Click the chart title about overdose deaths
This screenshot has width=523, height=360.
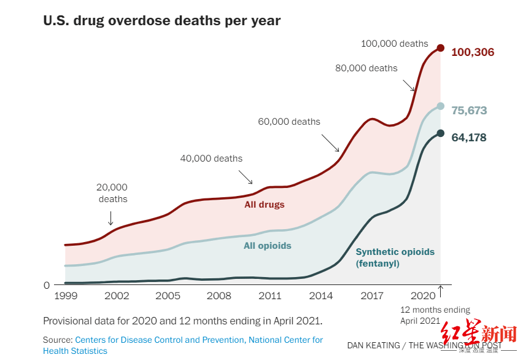coord(161,20)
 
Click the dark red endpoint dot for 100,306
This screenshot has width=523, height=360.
coord(440,48)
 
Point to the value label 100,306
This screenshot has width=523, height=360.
coord(472,52)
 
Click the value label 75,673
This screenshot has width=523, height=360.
coord(469,111)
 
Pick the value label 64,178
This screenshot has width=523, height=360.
coord(469,138)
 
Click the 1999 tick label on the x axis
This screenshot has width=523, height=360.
coord(65,296)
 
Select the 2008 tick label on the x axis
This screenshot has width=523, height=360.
coord(219,296)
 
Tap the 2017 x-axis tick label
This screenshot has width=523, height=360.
coord(372,296)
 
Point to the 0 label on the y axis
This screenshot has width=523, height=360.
coord(46,285)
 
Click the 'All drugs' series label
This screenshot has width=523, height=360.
coord(265,205)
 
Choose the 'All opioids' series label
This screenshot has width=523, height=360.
coord(267,246)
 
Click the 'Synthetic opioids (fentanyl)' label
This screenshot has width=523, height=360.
coord(395,257)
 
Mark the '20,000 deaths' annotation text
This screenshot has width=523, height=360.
coord(112,193)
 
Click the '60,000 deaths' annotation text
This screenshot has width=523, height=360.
coord(289,122)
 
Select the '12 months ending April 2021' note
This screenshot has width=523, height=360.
coord(435,315)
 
